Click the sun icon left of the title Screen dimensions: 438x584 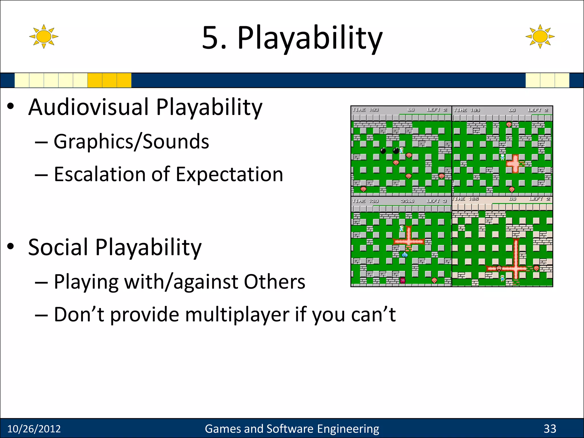coord(44,36)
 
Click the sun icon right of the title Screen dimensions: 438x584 coord(540,36)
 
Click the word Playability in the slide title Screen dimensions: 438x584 coord(310,38)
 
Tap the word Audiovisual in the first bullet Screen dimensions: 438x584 coord(89,107)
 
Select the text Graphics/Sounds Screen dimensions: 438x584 coord(131,142)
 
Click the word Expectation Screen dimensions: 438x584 coord(230,174)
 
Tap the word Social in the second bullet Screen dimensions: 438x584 coord(58,247)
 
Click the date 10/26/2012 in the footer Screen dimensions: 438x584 coord(34,429)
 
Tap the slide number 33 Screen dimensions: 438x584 coord(550,429)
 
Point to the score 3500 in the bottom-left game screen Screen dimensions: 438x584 coord(407,201)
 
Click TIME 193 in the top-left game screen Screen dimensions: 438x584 coord(365,110)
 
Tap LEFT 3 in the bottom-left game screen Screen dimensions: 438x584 coord(436,201)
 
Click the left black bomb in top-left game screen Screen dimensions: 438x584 coord(383,150)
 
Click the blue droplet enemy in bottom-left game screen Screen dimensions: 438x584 coord(405,255)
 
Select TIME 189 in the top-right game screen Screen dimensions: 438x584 coord(467,110)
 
